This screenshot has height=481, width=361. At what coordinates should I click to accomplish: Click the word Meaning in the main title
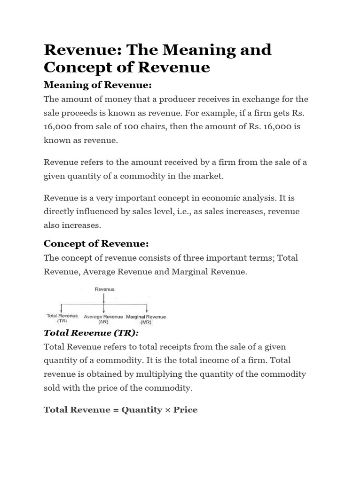point(192,50)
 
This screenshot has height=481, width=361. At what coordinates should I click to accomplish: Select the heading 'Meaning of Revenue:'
point(98,85)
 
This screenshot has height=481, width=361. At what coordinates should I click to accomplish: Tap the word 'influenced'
point(95,211)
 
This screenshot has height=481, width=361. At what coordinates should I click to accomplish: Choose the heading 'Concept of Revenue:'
point(96,243)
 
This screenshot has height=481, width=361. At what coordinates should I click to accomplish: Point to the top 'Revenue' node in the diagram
point(104,289)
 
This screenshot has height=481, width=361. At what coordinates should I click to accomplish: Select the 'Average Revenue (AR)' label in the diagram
point(103,319)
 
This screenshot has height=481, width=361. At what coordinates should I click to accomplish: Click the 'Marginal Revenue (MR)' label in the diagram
point(146,319)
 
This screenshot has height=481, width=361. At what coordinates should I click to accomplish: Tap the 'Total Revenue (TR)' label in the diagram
point(63,318)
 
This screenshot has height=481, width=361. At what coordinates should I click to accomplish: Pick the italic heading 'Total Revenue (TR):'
point(92,333)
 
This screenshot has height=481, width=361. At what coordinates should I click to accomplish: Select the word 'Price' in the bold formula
point(185,410)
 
